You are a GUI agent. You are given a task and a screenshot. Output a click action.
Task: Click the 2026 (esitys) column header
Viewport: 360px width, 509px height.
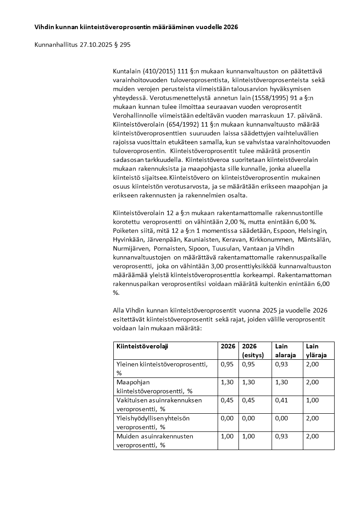(x=253, y=350)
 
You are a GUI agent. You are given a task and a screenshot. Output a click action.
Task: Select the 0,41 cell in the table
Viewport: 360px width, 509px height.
(x=282, y=400)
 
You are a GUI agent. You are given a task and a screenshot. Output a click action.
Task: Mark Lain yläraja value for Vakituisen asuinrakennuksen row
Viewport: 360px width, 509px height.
(x=312, y=400)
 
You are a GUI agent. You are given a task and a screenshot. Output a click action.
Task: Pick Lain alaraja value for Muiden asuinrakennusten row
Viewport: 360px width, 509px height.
(x=282, y=436)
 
